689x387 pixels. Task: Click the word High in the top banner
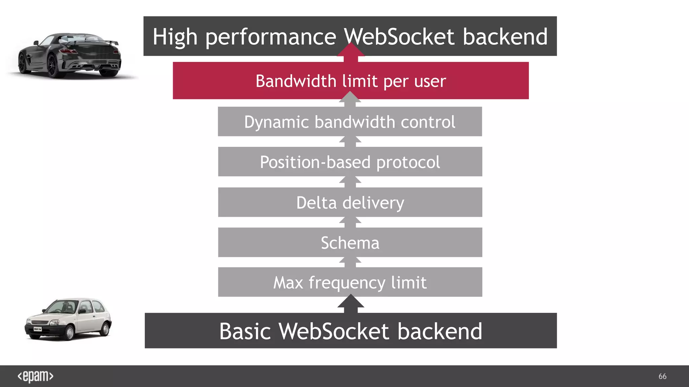coord(175,37)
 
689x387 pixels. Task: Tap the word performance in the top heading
coord(270,37)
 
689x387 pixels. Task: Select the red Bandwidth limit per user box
coord(351,81)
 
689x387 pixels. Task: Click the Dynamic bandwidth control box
coord(350,122)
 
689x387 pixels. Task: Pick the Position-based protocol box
coord(350,162)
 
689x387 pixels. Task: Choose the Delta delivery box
coord(350,203)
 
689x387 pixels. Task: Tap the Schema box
coord(350,243)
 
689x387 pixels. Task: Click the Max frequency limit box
coord(350,282)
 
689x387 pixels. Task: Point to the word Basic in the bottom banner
coord(245,332)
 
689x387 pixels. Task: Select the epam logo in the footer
coord(35,376)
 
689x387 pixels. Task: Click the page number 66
coord(662,376)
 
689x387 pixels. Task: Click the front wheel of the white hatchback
coord(69,333)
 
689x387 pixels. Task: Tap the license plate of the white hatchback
coord(37,329)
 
